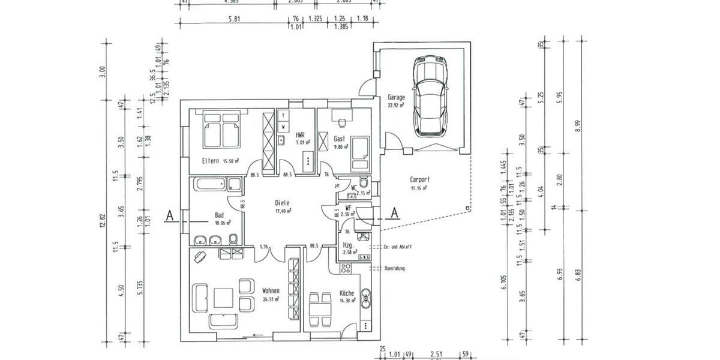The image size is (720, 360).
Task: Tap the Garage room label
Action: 396,97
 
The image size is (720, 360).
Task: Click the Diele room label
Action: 283,203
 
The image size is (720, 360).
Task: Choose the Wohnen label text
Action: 271,291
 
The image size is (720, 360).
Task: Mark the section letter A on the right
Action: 395,212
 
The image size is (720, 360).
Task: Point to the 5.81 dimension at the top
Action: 235,19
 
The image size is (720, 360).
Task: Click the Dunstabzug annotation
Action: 394,268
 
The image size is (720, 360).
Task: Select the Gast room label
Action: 339,138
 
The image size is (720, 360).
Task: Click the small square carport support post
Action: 466,209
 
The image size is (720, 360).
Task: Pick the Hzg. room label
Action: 347,245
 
